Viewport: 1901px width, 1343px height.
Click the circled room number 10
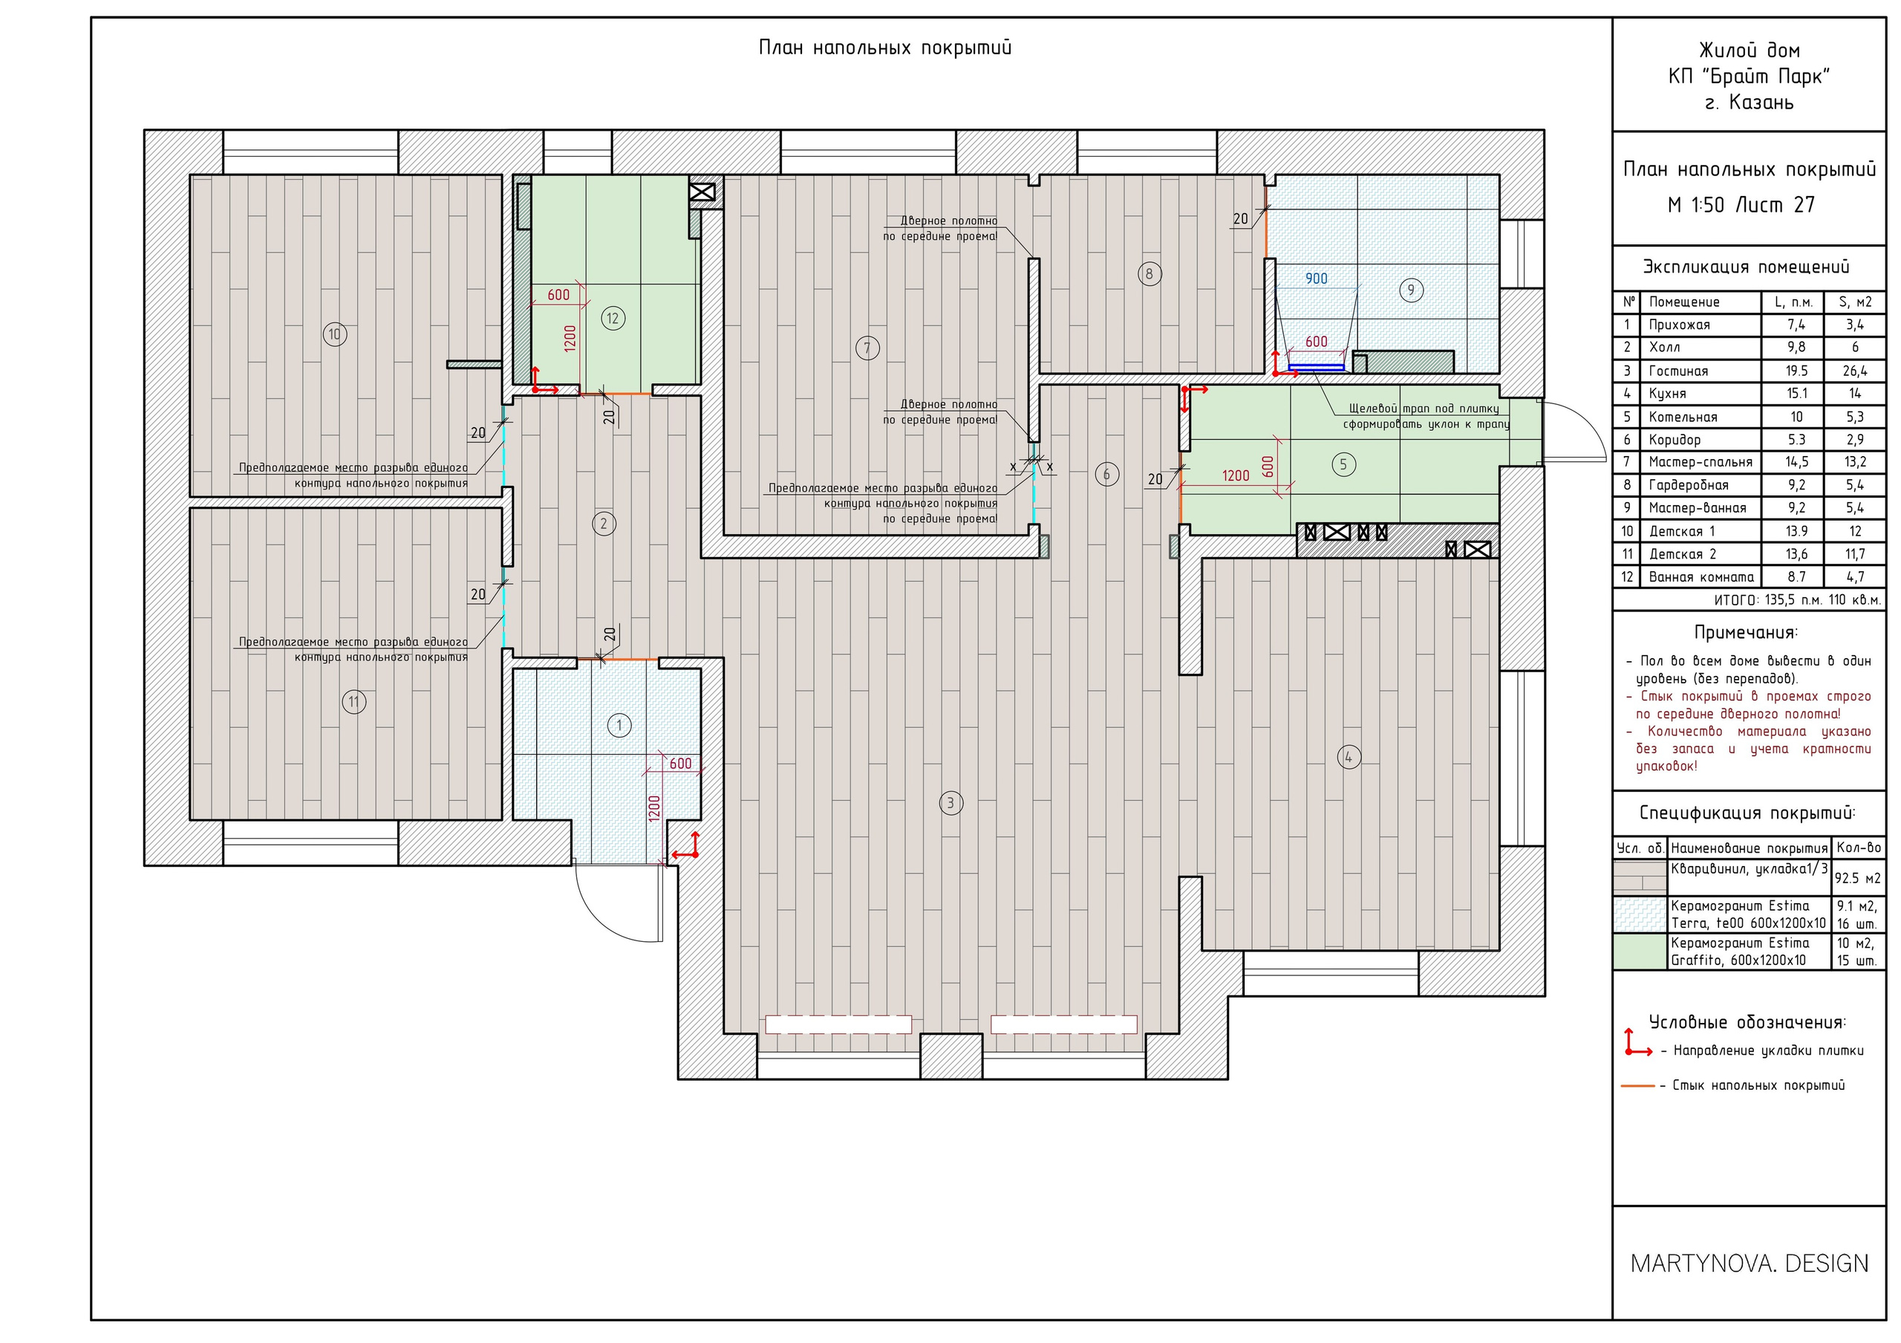point(334,334)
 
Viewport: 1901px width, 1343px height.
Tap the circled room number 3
point(950,802)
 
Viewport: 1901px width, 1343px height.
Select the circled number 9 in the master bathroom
point(1411,290)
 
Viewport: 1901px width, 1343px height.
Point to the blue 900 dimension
point(1316,279)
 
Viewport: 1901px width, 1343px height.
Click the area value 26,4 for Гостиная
point(1855,371)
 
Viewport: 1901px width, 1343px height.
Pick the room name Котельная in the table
point(1683,417)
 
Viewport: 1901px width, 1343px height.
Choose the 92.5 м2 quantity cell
point(1857,879)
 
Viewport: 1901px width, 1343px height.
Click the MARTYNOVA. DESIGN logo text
point(1750,1264)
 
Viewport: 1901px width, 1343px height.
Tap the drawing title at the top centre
point(885,48)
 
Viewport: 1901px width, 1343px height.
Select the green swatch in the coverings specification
point(1640,952)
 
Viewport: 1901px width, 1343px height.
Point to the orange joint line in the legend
point(1637,1085)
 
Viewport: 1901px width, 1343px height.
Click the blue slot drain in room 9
point(1317,367)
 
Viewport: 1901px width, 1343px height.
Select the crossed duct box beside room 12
point(701,192)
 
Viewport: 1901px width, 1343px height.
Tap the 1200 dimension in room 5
point(1236,476)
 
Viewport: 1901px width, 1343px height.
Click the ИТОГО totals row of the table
point(1798,599)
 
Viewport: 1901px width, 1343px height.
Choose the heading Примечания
point(1746,634)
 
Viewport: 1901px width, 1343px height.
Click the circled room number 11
point(353,702)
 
